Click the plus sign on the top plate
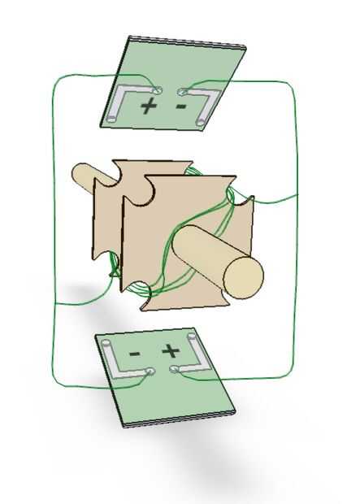[x=149, y=106]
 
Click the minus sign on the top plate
[x=181, y=106]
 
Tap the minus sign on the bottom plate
[x=135, y=354]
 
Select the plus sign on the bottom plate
[x=171, y=350]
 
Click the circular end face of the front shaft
[x=244, y=278]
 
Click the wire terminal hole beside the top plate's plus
[x=158, y=90]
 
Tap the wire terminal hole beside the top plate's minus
[x=181, y=92]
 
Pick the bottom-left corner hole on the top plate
[x=111, y=119]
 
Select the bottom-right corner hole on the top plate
[x=200, y=122]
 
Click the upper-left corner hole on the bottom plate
[x=106, y=343]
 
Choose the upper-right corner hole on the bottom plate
[x=192, y=337]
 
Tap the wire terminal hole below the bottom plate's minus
[x=150, y=371]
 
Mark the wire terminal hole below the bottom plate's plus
[x=174, y=369]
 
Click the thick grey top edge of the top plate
[x=188, y=42]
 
